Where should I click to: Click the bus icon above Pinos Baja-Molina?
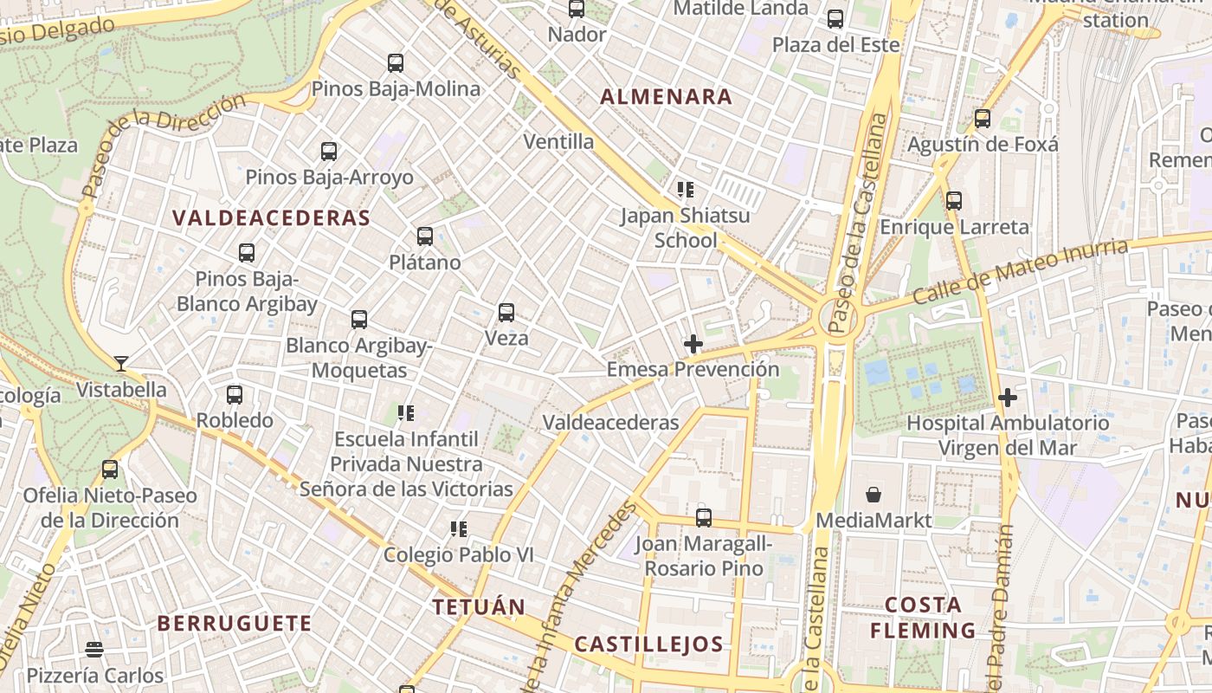tap(396, 63)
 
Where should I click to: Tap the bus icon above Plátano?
tap(424, 236)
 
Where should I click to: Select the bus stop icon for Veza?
tap(506, 313)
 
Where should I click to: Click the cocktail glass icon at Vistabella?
tap(121, 363)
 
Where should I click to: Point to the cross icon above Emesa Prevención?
tap(693, 344)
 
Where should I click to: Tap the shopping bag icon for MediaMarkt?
tap(874, 495)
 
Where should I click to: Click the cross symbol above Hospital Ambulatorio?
tap(1008, 398)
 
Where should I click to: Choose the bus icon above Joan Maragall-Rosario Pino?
tap(704, 518)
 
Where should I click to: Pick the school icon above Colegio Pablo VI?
tap(459, 528)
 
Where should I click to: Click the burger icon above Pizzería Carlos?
tap(95, 649)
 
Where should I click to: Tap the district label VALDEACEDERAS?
tap(271, 217)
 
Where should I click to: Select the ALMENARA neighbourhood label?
tap(667, 97)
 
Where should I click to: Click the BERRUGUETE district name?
tap(235, 623)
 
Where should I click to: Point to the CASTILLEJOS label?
tap(648, 644)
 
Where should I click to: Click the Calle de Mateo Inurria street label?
tap(1022, 272)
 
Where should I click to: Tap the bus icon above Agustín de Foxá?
tap(982, 119)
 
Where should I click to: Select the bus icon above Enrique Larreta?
tap(954, 201)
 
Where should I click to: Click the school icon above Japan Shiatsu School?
tap(686, 189)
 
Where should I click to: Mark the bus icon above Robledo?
tap(235, 395)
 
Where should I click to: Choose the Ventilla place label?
tap(558, 141)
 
